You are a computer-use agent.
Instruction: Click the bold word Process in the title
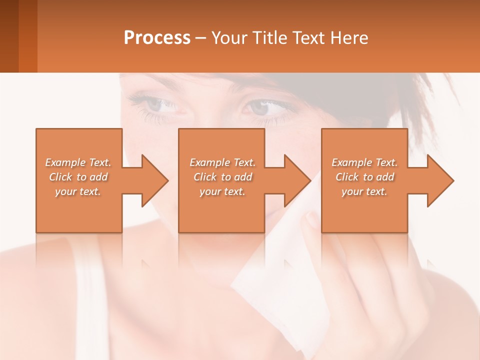157,38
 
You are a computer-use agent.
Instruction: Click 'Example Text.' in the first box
78,162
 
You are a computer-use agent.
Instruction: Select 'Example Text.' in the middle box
222,162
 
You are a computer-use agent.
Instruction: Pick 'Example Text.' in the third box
364,162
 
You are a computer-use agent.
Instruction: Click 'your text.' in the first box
78,191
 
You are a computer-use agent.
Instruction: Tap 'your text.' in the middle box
222,191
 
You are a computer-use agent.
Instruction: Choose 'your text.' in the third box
364,191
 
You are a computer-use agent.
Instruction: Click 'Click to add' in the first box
78,177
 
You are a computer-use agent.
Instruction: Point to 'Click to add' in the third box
364,177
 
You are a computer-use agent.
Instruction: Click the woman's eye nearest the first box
158,104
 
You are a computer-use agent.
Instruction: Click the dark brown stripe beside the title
9,36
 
